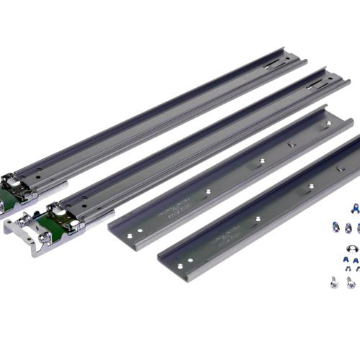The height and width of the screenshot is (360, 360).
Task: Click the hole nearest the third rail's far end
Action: click(x=328, y=123)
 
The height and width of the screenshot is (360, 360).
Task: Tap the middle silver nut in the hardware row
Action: click(x=347, y=228)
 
